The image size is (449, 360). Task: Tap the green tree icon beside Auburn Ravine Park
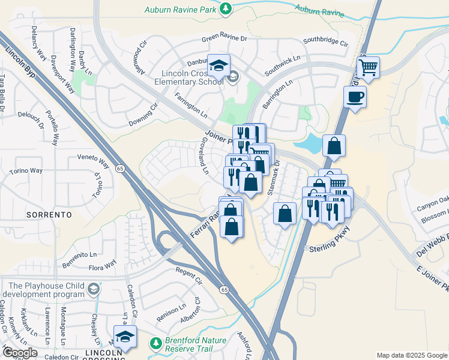(225, 8)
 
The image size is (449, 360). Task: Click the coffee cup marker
(355, 96)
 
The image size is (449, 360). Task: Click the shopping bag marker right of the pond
(334, 145)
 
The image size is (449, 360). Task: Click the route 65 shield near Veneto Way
(121, 169)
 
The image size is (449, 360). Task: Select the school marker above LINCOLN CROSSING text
(125, 337)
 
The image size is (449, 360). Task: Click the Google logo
(19, 353)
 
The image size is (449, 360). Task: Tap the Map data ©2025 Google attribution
(411, 355)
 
